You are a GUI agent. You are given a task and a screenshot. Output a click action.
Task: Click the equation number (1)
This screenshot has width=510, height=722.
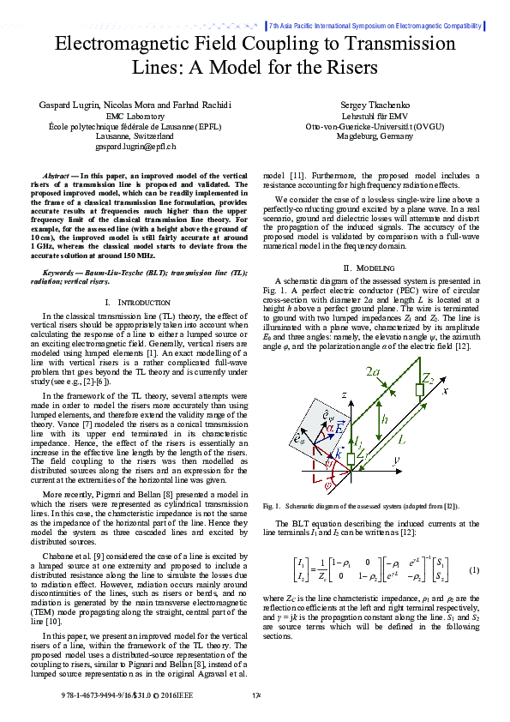pos(473,570)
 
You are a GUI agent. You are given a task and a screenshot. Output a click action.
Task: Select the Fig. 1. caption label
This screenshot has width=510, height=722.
pos(273,506)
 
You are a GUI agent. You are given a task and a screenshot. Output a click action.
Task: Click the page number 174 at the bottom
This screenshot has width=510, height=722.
pos(255,695)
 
